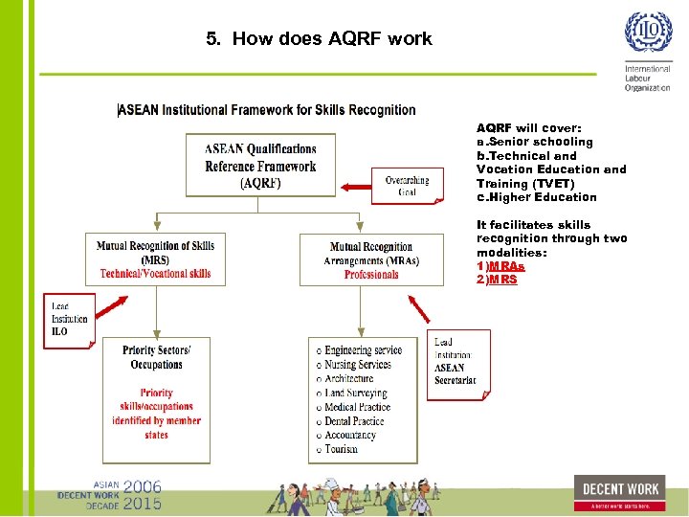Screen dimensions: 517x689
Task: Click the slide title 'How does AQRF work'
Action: click(319, 39)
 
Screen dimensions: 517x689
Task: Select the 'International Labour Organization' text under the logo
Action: click(648, 78)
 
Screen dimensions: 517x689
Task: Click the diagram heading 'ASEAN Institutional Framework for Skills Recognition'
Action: click(266, 110)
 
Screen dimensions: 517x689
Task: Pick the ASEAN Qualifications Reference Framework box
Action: click(260, 166)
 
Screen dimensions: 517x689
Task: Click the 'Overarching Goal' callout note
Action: click(408, 186)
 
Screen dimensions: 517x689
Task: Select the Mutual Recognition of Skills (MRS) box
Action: click(155, 259)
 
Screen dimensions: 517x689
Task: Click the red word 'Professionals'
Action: click(371, 275)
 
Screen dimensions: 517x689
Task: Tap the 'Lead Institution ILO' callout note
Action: click(69, 320)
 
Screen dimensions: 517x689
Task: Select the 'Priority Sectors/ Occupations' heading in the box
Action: click(156, 357)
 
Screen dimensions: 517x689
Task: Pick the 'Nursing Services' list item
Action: click(357, 365)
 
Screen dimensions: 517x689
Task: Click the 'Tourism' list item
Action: click(341, 449)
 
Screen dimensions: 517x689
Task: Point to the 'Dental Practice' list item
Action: click(354, 421)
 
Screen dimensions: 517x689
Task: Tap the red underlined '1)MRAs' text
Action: click(500, 266)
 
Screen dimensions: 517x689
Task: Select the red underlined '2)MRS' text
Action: click(497, 280)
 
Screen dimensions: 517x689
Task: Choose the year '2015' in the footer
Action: click(142, 503)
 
